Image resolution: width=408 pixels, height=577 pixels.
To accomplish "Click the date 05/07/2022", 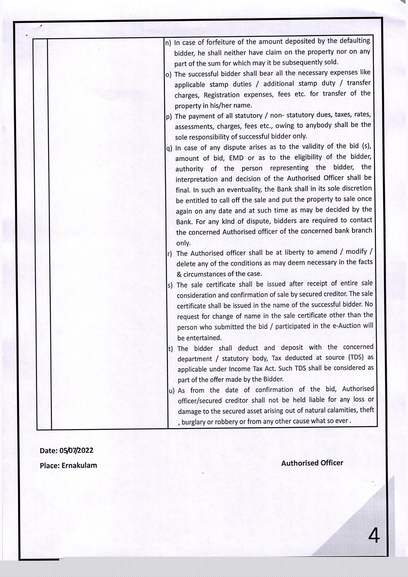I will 76,450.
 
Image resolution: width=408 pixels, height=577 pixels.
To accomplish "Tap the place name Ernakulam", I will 79,465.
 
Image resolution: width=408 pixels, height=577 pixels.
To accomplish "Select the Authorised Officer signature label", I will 312,463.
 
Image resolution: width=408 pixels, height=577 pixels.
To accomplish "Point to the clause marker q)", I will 169,148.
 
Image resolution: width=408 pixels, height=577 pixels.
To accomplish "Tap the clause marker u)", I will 172,391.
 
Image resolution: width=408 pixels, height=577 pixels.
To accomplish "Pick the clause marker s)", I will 170,285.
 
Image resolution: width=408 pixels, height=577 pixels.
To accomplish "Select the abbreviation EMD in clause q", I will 236,158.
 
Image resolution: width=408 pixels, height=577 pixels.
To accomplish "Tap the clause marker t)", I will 171,349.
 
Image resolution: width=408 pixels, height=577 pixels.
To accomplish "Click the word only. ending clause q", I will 183,243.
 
